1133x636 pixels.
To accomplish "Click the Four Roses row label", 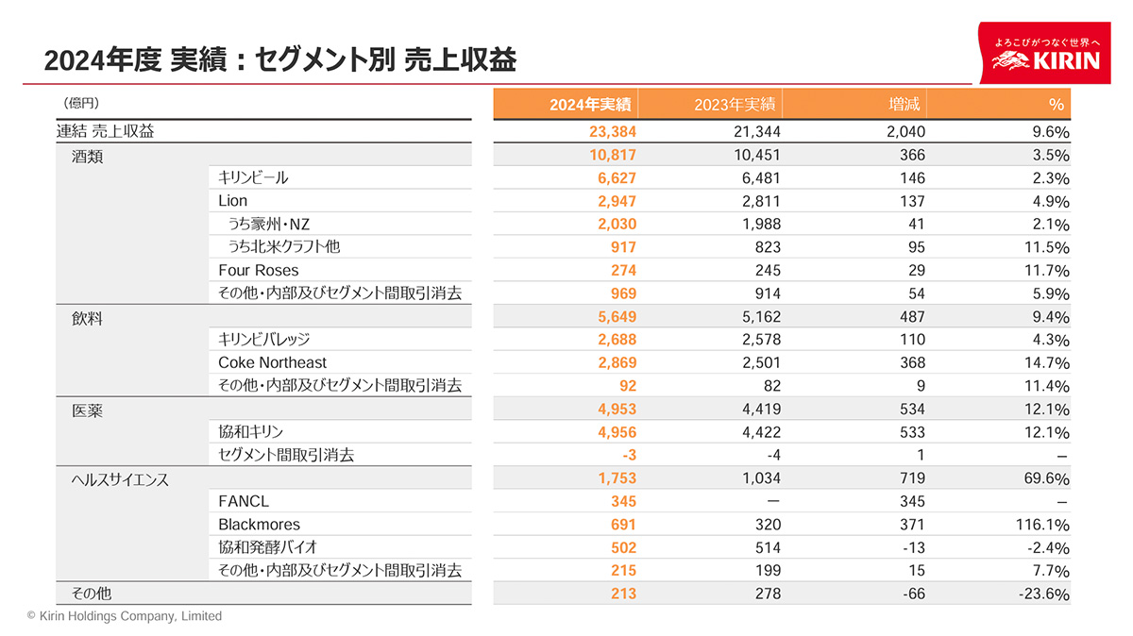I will click(258, 270).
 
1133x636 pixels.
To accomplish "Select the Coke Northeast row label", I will click(272, 362).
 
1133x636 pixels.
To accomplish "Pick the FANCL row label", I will click(244, 501).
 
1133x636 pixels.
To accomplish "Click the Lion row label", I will click(232, 200).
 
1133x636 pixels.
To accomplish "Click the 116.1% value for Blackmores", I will click(1043, 525).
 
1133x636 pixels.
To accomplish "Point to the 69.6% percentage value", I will click(1046, 478).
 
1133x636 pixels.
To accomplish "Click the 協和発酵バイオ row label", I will click(267, 547).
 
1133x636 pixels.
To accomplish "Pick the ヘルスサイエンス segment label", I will click(120, 479).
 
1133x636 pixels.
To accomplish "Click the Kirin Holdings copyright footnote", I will click(125, 616).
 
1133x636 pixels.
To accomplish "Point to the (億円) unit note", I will click(81, 102).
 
